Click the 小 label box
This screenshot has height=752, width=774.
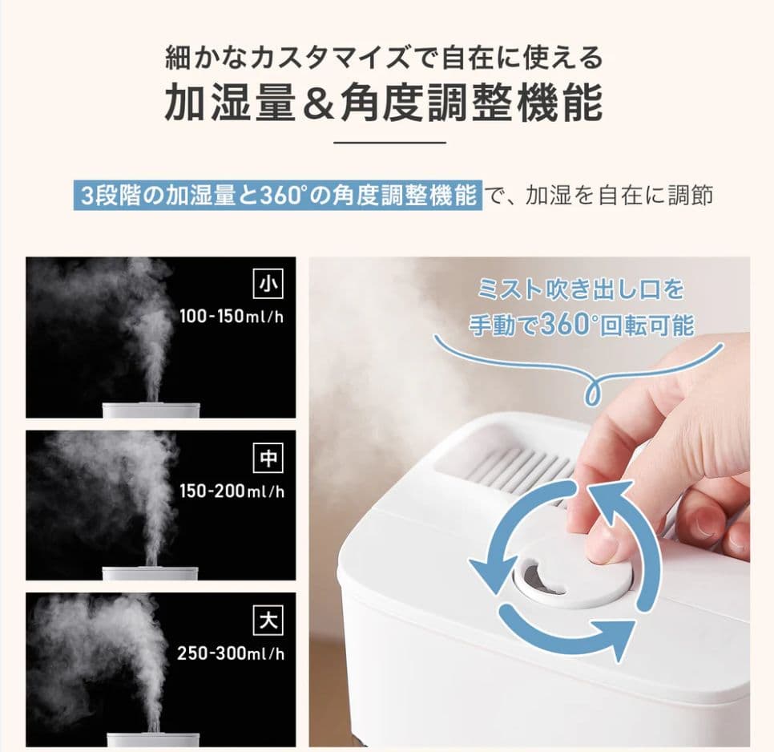[x=266, y=284]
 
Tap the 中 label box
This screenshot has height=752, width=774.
[x=266, y=459]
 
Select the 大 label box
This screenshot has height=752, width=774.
[x=266, y=621]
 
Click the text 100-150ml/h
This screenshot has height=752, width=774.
[x=231, y=315]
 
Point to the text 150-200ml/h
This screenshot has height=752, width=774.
[x=231, y=490]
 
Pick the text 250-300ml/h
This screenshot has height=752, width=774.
[x=231, y=653]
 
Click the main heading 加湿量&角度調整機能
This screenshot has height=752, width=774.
[x=384, y=103]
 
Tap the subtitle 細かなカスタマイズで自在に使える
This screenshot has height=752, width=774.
[x=384, y=59]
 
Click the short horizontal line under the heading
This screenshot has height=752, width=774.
[x=389, y=143]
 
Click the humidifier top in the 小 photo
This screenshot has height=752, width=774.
[x=151, y=410]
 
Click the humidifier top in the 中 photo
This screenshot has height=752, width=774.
[x=151, y=572]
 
